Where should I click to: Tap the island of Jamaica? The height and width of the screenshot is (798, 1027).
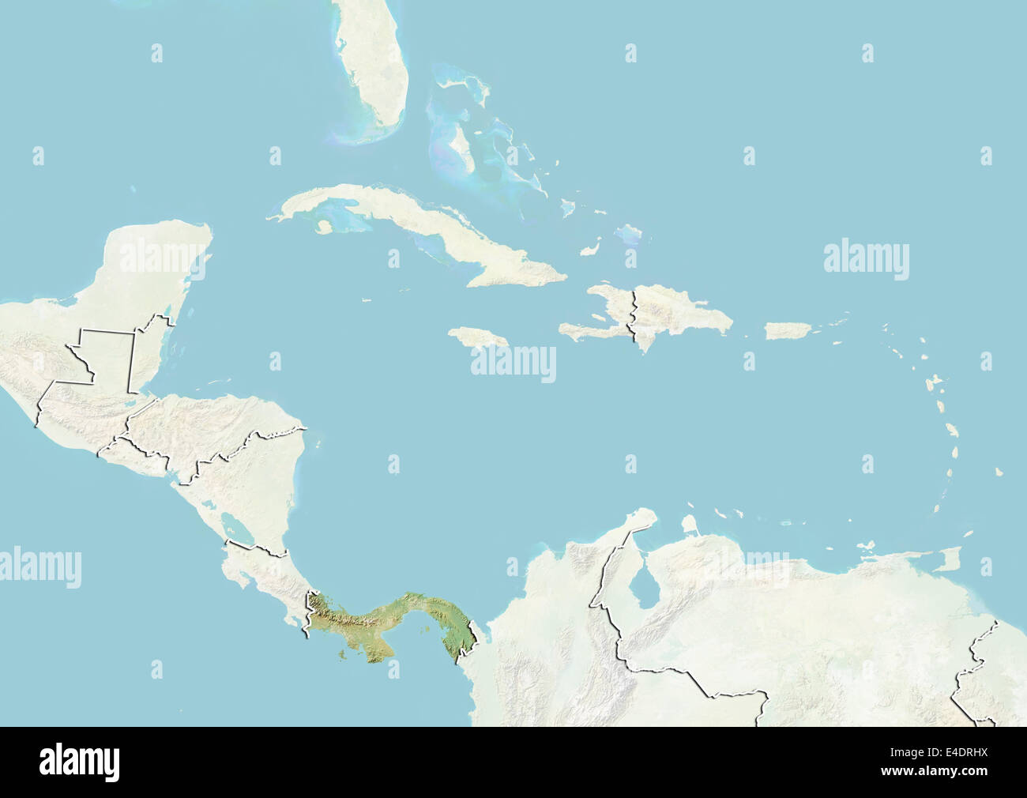click(x=479, y=337)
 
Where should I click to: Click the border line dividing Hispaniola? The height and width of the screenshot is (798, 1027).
click(x=631, y=316)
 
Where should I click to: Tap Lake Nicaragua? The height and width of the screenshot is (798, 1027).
click(x=236, y=525)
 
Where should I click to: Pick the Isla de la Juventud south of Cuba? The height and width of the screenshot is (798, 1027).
click(x=322, y=227)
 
